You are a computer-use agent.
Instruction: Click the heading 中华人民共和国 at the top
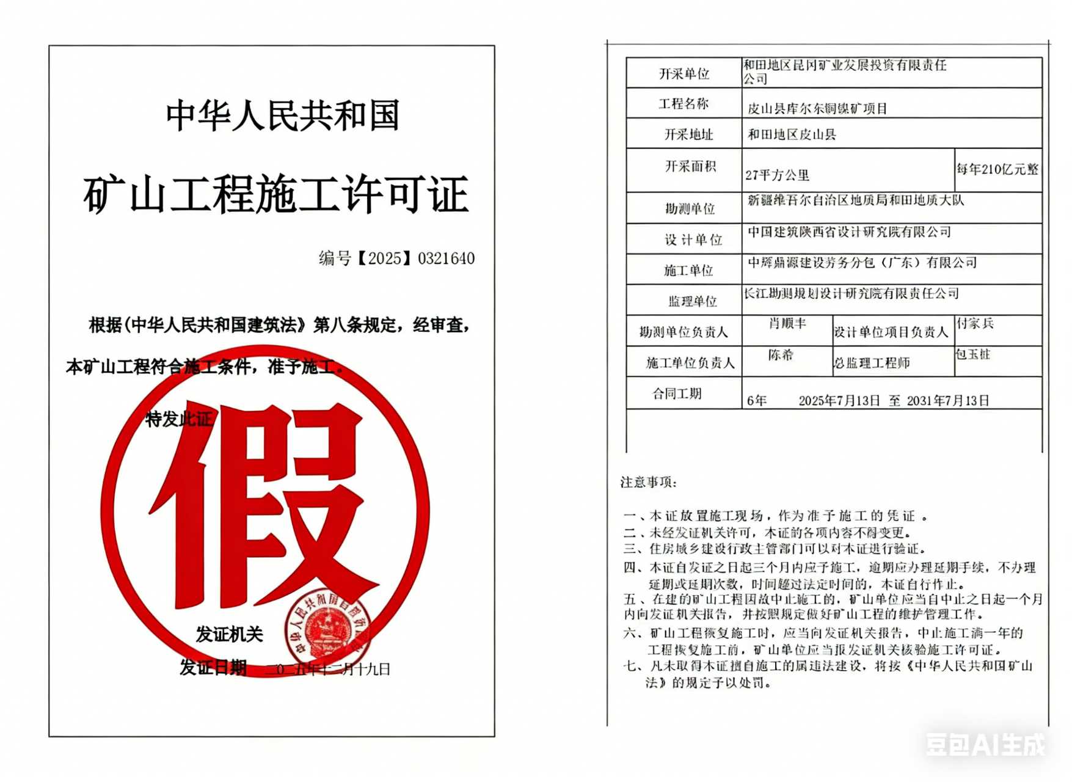[283, 115]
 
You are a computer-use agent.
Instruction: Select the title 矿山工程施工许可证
[276, 194]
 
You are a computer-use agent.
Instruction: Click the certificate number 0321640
[446, 259]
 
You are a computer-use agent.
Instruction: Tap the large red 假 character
[263, 507]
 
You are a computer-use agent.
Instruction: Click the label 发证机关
[229, 635]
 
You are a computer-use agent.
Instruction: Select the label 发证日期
[213, 668]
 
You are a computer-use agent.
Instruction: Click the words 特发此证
[178, 419]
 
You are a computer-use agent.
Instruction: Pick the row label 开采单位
[684, 74]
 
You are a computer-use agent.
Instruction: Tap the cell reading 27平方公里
[777, 175]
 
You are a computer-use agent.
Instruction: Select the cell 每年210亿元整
[997, 169]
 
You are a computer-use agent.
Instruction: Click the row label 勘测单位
[690, 209]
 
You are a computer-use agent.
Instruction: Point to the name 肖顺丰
[787, 323]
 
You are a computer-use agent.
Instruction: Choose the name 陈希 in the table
[781, 355]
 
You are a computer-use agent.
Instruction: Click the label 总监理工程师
[872, 363]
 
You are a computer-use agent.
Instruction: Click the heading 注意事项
[649, 482]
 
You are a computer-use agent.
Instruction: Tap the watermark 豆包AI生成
[985, 744]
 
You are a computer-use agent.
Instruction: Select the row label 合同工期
[677, 393]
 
